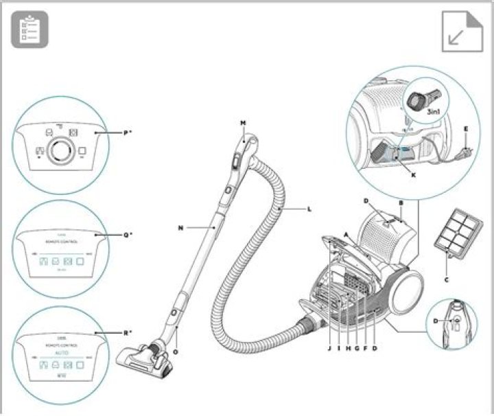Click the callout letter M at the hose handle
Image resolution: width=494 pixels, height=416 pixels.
[x=243, y=124]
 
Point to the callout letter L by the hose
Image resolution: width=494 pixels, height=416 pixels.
[x=309, y=208]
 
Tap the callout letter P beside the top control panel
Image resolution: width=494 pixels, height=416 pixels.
[x=127, y=132]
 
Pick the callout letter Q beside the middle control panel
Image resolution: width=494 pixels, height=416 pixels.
[x=127, y=235]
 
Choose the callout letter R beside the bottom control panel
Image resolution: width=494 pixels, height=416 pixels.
[x=127, y=332]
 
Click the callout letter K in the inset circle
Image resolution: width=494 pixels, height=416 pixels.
[x=414, y=175]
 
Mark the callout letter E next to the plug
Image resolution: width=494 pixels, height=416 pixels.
[x=466, y=128]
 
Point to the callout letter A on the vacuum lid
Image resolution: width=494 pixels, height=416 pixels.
[x=347, y=234]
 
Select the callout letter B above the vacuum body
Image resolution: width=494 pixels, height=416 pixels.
[x=401, y=203]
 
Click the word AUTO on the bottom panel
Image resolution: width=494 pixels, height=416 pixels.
[x=62, y=353]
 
